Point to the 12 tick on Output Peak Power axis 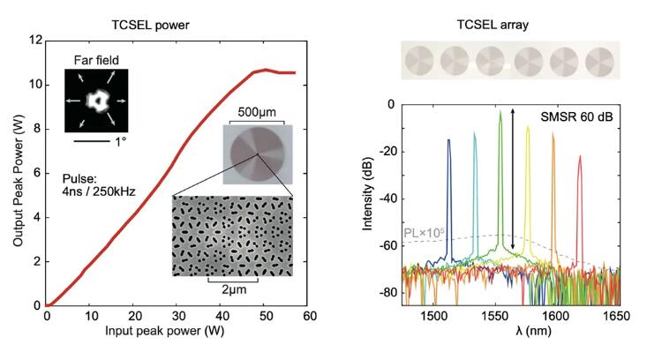click(x=34, y=41)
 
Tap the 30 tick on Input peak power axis click(x=177, y=317)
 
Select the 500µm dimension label click(x=258, y=115)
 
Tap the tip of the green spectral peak click(x=500, y=112)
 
